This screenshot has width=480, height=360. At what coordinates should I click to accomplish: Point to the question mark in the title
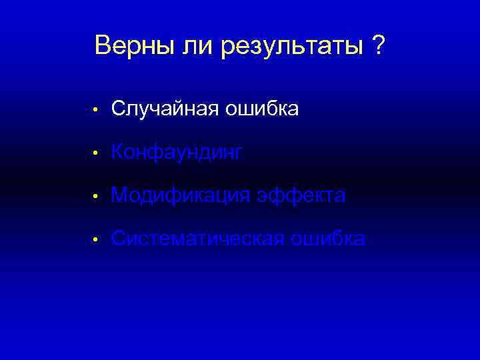coord(378,46)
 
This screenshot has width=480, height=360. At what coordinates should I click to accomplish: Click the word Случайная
coord(157,109)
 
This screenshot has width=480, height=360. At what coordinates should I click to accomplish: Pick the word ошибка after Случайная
coord(256,109)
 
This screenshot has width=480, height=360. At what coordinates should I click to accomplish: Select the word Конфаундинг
coord(177,153)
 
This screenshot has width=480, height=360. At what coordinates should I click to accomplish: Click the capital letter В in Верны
coord(103,46)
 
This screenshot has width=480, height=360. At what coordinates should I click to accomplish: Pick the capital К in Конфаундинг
coord(118,153)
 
